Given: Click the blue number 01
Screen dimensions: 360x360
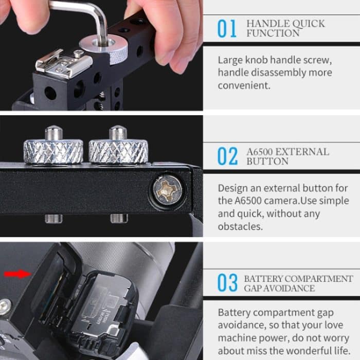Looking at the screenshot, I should point(227,29).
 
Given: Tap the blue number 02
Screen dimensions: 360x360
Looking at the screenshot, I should point(227,156).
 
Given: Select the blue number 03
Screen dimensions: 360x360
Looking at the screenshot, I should point(227,283).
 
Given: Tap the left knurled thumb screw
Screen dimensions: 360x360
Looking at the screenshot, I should point(53,149).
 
